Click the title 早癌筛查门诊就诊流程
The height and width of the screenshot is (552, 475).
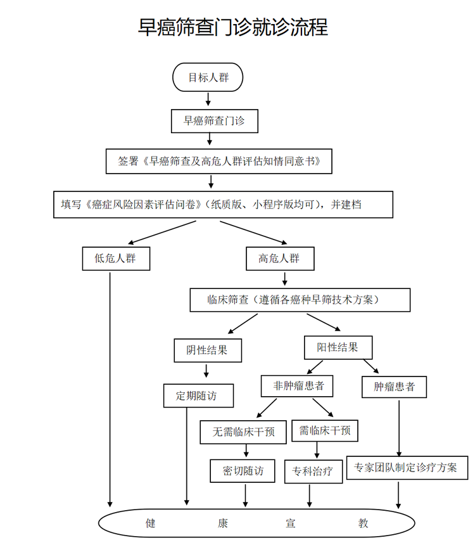coord(233,27)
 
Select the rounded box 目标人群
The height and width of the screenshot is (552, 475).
coord(208,77)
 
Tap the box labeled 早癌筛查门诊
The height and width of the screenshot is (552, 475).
coord(215,121)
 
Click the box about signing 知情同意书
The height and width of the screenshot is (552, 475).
coord(219,161)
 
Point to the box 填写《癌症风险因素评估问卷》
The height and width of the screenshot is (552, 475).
coord(223,205)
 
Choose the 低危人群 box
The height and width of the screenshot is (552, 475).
coord(116,259)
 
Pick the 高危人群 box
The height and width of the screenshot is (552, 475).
coord(280,259)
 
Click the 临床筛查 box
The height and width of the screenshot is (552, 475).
coord(300,300)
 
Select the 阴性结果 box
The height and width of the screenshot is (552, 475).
coord(208,350)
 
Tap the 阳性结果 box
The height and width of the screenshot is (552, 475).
coord(338,347)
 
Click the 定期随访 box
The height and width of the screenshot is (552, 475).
coord(198,395)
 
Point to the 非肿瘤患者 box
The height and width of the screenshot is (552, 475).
coord(297,386)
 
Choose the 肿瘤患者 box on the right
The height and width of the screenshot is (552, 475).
coord(394,387)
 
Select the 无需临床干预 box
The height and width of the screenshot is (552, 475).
coord(243,432)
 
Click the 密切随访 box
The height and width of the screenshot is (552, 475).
coord(243,471)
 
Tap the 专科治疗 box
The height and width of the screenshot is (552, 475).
coord(313,472)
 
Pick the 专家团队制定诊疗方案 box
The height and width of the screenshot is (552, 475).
coord(407,468)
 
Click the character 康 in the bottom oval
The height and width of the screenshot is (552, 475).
coord(223,523)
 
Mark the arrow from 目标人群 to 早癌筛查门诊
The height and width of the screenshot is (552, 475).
coord(208,99)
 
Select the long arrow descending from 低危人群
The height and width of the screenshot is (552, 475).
coord(110,390)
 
